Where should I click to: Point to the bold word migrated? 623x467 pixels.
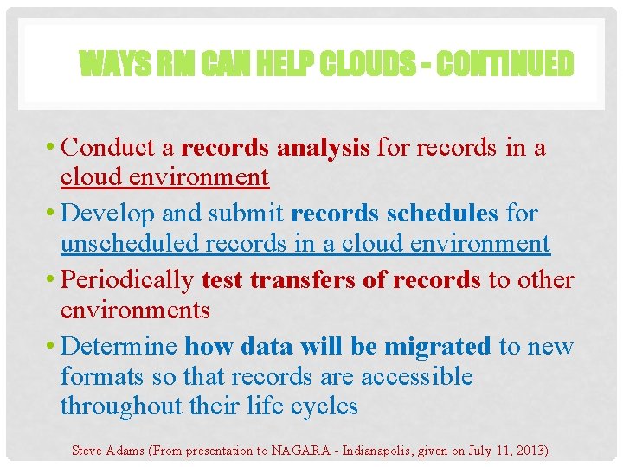(x=437, y=347)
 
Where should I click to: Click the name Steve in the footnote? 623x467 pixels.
(x=88, y=450)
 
